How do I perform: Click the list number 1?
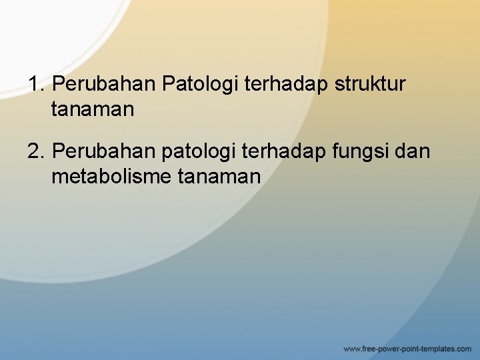[35, 85]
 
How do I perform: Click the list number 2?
[35, 152]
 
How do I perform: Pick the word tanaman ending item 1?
[92, 109]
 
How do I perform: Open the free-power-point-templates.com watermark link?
[407, 349]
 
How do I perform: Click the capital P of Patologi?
[168, 85]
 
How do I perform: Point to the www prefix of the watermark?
[351, 349]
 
